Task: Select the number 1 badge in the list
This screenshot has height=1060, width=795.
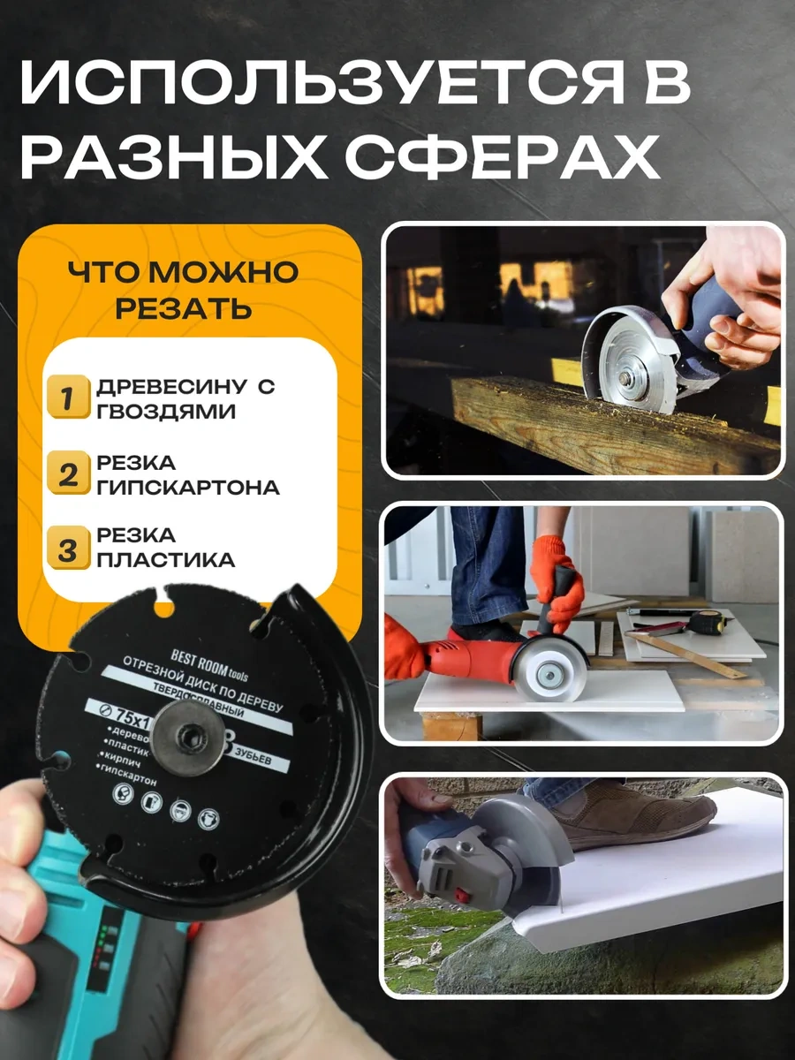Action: click(x=67, y=397)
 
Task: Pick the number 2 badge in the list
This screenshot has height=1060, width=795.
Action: click(x=67, y=474)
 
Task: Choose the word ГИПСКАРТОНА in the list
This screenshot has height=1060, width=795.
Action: click(x=188, y=488)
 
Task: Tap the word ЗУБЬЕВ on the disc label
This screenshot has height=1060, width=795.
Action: click(x=260, y=757)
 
